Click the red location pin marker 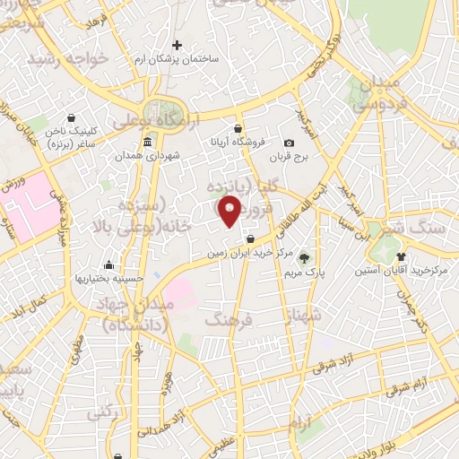(230, 211)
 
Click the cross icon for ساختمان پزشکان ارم (177, 45)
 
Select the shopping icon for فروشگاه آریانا (238, 129)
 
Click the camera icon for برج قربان (289, 143)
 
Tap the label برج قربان (289, 157)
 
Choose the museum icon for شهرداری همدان (147, 143)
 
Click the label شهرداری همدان (146, 156)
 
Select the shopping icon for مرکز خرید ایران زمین (249, 238)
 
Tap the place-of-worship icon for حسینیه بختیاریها (108, 264)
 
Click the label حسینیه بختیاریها (108, 279)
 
